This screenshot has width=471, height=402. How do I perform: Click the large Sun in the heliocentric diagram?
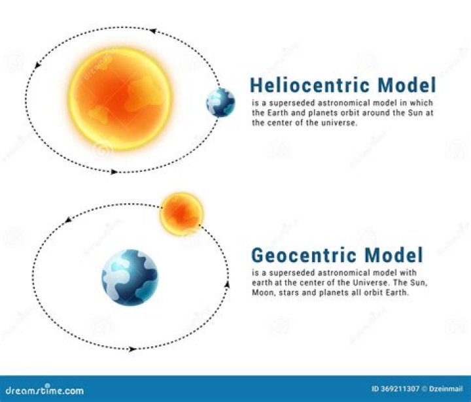coord(122,99)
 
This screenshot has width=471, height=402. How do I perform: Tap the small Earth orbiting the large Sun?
coord(220,103)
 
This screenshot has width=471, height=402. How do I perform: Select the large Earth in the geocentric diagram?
coord(130,277)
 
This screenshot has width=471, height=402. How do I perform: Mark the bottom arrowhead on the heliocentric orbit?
coord(114,172)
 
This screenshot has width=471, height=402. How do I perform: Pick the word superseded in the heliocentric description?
coord(285,103)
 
